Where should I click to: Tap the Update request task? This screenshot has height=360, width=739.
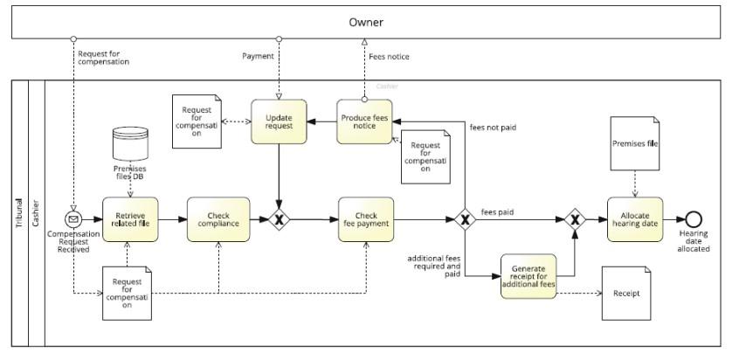[279, 121]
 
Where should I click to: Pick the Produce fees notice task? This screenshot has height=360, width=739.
[364, 121]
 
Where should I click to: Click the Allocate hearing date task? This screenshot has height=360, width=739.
[635, 219]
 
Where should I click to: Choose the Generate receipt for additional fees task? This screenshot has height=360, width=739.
[528, 276]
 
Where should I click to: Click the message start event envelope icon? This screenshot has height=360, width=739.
[73, 219]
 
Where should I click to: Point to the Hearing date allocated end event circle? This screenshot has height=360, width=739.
[694, 219]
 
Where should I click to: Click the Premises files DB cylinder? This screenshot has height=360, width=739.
[129, 143]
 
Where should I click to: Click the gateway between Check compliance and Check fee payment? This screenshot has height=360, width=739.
[279, 219]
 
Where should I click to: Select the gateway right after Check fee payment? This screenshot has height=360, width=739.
[465, 219]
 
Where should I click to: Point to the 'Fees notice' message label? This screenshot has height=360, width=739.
[388, 57]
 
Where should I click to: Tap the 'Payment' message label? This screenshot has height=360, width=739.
[257, 56]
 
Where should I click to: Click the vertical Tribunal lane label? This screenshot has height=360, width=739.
[19, 214]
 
